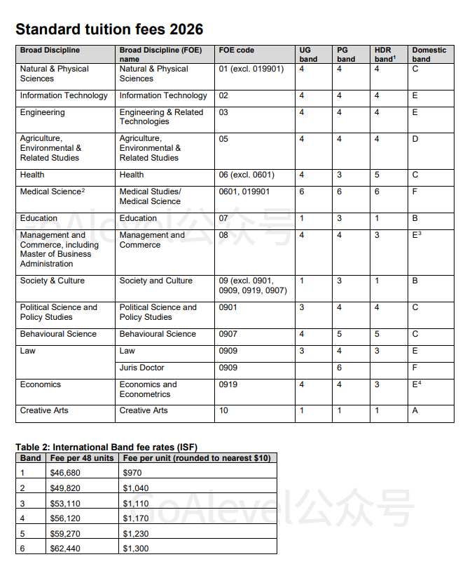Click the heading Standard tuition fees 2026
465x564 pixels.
tap(109, 29)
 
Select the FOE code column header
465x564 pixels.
tap(237, 51)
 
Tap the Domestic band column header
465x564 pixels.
tap(429, 55)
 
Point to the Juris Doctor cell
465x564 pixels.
tap(141, 368)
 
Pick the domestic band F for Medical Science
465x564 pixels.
tap(415, 192)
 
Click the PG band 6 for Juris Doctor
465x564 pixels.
tap(340, 368)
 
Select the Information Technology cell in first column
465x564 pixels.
tap(64, 95)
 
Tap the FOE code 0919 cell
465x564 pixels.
tap(228, 384)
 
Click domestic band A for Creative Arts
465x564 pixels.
tap(415, 410)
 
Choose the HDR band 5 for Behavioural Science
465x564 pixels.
tap(377, 334)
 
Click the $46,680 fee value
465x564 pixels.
tap(65, 473)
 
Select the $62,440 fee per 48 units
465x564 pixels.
tap(65, 549)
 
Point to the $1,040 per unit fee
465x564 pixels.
tap(136, 488)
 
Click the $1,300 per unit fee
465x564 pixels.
tap(136, 549)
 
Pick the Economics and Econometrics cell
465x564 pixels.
tap(148, 389)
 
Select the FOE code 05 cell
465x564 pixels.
tap(224, 139)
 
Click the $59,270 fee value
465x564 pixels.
tap(65, 533)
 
